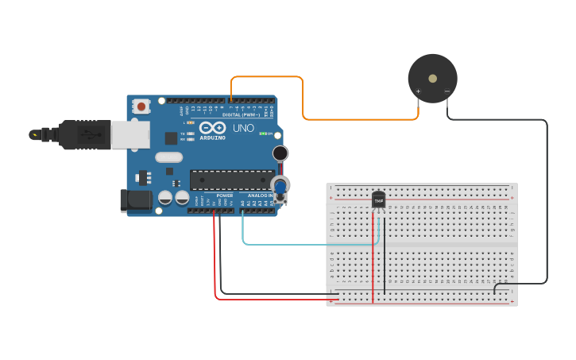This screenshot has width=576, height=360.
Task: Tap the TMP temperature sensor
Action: [x=378, y=200]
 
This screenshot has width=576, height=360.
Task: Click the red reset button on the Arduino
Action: [x=141, y=106]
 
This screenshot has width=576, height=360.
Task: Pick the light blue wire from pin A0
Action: [x=310, y=244]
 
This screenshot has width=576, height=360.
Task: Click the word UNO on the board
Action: [x=243, y=128]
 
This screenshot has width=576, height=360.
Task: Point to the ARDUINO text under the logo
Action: [x=212, y=137]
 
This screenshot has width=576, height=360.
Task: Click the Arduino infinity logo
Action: [x=212, y=127]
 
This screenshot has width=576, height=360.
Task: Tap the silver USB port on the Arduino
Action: [x=130, y=134]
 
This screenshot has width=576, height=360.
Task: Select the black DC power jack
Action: [x=135, y=200]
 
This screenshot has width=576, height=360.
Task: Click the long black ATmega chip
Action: [x=232, y=180]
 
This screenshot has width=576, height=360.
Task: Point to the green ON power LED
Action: [x=263, y=133]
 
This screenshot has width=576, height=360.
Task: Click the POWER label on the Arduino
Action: [x=225, y=195]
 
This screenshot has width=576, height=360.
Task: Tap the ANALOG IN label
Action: [x=261, y=195]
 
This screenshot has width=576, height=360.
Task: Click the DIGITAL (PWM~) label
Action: [x=241, y=114]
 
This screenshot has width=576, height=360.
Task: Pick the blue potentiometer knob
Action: [x=280, y=187]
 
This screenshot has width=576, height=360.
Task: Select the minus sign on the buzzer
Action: [x=447, y=91]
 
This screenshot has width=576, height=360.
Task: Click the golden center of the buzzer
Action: [x=432, y=79]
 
